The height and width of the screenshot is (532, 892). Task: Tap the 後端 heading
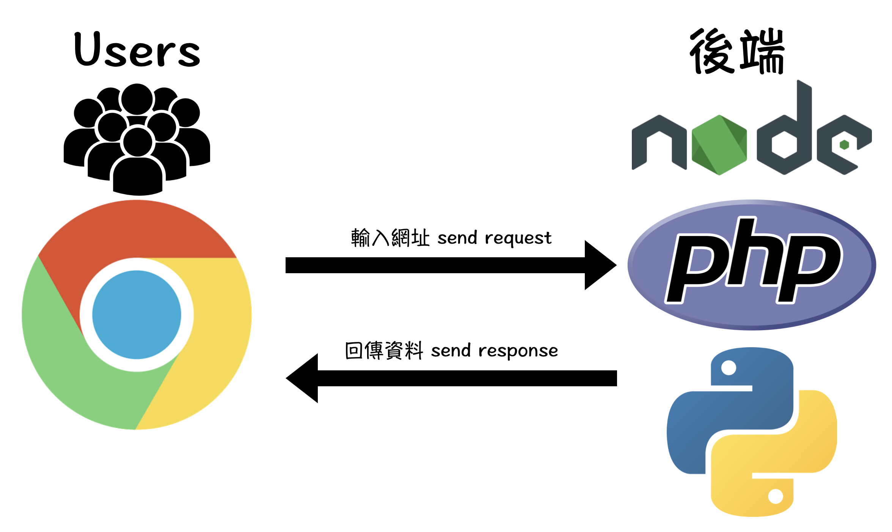[x=737, y=51]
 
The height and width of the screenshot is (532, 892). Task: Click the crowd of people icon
[x=137, y=139]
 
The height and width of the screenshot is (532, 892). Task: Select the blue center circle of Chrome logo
[x=137, y=315]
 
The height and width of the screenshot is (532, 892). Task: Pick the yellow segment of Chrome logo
[x=212, y=342]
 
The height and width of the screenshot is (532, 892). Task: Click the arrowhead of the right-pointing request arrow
[x=599, y=265]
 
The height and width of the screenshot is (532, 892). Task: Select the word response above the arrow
[x=518, y=351]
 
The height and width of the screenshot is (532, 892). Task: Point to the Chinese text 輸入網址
[x=390, y=238]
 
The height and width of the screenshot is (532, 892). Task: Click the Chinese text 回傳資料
[x=384, y=350]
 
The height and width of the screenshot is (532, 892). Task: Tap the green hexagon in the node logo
[x=719, y=145]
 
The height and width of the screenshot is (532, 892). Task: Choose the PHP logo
[x=752, y=265]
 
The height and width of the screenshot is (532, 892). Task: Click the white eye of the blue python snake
[x=729, y=368]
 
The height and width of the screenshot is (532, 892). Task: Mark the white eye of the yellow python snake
[x=775, y=496]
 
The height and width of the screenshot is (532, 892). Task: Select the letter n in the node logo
[x=659, y=142]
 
